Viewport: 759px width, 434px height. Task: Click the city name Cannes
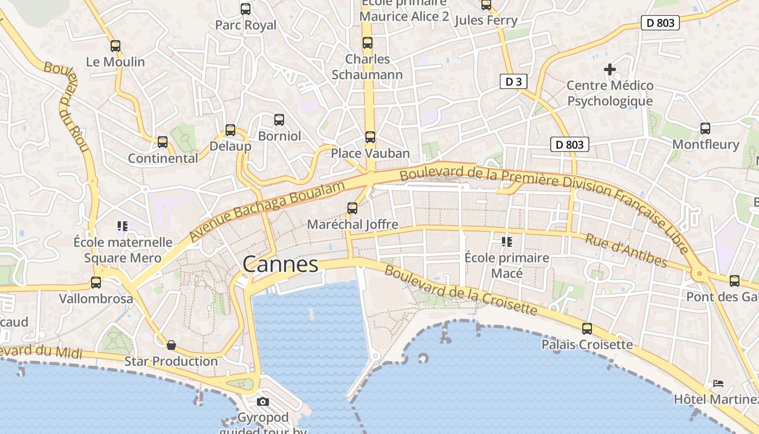point(280,264)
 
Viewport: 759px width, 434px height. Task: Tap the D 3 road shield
point(513,81)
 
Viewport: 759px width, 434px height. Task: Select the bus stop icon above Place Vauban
point(370,137)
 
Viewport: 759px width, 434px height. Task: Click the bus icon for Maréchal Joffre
point(352,208)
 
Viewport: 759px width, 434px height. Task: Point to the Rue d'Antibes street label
point(626,250)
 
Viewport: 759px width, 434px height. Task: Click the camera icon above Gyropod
point(263,402)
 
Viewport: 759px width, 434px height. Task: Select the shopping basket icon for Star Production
point(171,345)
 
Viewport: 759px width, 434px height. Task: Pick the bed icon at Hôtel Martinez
point(718,384)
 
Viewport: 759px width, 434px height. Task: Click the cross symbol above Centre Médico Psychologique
point(610,69)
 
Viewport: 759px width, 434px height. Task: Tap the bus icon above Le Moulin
point(115,46)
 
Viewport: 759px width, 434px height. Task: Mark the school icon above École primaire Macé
point(507,241)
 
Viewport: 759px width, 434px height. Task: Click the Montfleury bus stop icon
point(705,129)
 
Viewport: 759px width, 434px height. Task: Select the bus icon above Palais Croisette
point(587,329)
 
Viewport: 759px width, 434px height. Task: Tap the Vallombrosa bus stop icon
point(96,283)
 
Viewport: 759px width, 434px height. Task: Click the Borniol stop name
point(279,136)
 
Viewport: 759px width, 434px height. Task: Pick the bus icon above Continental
point(163,142)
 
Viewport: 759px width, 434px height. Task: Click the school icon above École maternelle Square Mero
point(123,226)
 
